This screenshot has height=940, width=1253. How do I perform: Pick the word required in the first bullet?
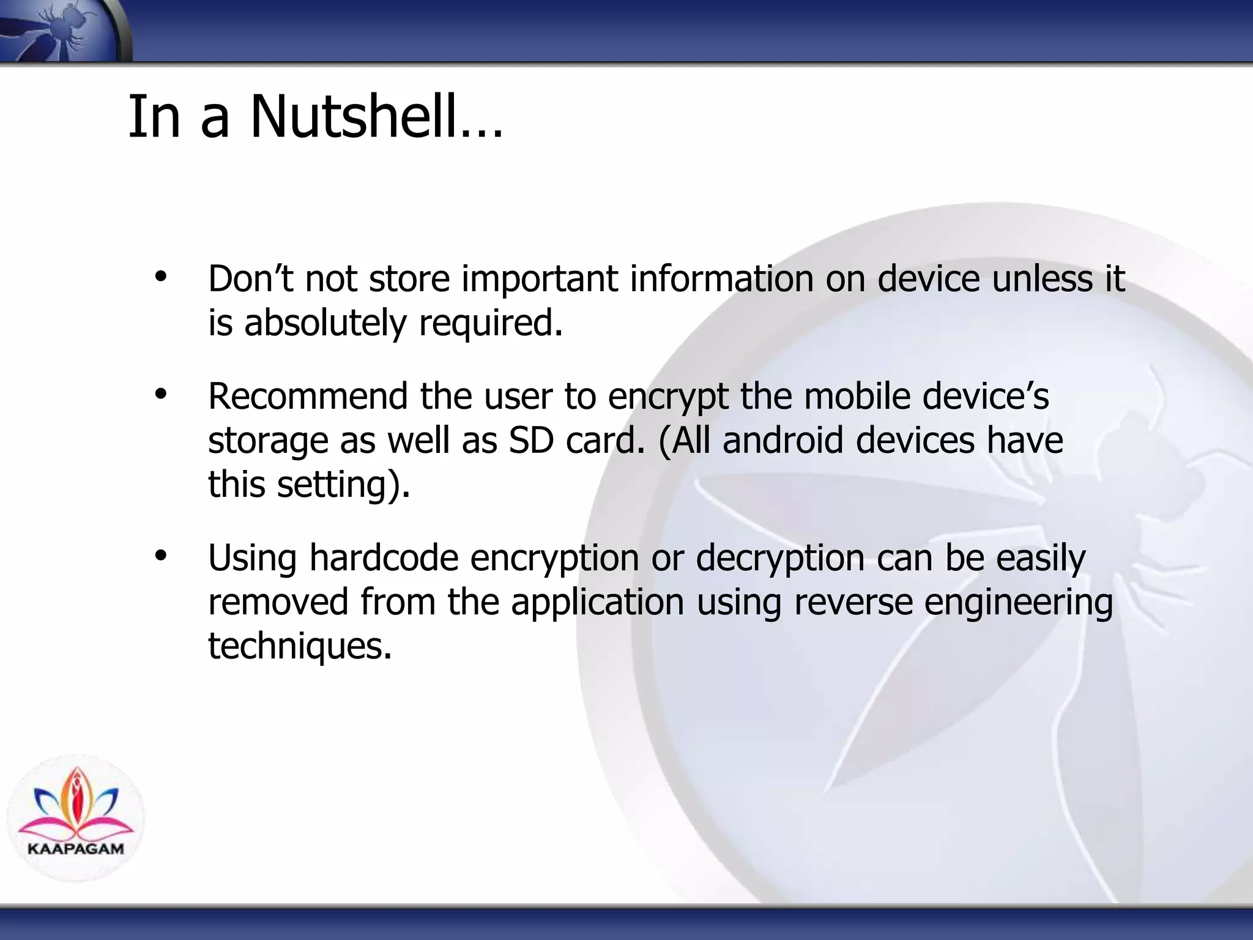[489, 323]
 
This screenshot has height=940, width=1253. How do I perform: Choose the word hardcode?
[384, 558]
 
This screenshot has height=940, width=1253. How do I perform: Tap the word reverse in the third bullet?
[853, 602]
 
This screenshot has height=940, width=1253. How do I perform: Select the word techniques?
[299, 646]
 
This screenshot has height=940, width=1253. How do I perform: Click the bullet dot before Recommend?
[161, 395]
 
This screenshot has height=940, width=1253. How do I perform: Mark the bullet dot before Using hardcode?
[161, 556]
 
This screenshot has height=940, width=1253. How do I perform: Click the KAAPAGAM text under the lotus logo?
[76, 849]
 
